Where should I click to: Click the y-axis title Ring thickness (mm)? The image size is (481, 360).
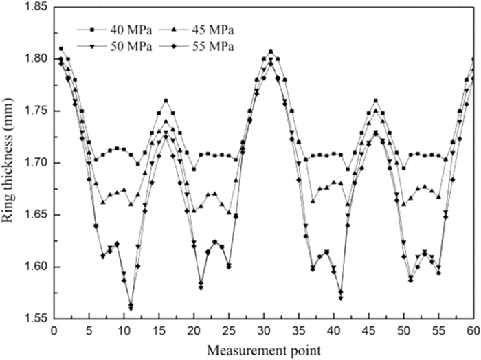[x=12, y=162]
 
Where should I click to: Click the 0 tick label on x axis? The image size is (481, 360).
[x=54, y=330]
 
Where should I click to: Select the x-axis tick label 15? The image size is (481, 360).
[x=159, y=330]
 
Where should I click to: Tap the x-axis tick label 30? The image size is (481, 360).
[x=264, y=330]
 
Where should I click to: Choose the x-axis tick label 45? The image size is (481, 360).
[x=369, y=330]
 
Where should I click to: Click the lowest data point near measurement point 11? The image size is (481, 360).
[x=131, y=308]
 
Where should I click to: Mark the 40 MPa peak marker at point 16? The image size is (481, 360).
[x=166, y=101]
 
